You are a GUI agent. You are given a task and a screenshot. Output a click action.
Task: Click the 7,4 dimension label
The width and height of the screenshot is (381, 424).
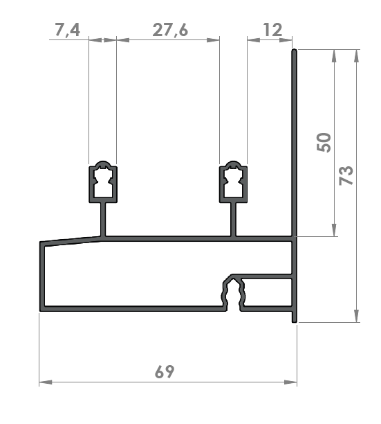68,30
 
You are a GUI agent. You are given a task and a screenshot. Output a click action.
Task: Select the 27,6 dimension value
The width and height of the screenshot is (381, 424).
170,30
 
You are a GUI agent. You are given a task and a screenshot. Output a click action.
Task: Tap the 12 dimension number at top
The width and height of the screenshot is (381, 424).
272,30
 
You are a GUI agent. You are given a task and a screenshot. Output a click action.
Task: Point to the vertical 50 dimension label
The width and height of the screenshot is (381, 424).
324,143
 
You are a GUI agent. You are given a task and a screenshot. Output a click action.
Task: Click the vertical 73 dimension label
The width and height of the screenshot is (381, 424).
346,175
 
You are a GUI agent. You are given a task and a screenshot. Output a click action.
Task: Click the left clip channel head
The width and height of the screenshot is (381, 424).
103,182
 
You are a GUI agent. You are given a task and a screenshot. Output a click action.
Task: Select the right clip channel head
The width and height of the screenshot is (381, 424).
234,182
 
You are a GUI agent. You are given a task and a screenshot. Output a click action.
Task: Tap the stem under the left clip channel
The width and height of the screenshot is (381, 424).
103,220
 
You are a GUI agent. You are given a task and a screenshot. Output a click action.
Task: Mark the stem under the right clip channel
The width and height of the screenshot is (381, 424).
234,220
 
